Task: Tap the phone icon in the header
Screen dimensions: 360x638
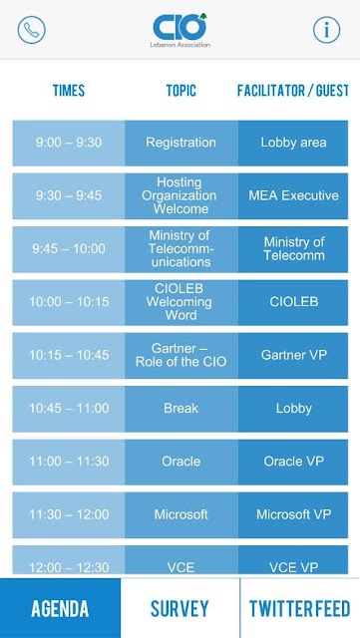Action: tap(31, 30)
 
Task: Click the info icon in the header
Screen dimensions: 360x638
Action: tap(327, 30)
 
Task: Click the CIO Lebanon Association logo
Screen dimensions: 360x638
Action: tap(180, 30)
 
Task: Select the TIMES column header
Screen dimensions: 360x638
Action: tap(69, 91)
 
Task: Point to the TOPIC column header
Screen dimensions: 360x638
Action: tap(181, 91)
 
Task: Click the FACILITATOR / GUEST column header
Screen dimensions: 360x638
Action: tap(293, 91)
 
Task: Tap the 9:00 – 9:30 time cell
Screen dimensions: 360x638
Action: tap(69, 143)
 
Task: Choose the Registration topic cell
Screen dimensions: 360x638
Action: tap(181, 143)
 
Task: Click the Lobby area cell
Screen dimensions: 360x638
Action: tap(293, 143)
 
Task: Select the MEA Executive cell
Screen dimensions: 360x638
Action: tap(293, 196)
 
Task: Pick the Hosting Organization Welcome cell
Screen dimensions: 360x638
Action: tap(181, 196)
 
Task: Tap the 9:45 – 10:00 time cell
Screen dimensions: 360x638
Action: tap(69, 249)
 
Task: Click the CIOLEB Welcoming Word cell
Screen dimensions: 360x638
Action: tap(181, 302)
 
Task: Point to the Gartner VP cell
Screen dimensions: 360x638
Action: tap(293, 356)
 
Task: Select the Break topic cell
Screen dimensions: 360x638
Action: tap(181, 409)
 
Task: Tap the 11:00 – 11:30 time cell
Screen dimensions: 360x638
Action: tap(69, 462)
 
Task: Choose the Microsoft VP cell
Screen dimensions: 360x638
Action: tap(293, 515)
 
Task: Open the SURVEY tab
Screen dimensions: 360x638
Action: tap(180, 608)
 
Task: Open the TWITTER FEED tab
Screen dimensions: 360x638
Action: tap(300, 608)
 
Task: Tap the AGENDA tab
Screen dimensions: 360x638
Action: tap(60, 608)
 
